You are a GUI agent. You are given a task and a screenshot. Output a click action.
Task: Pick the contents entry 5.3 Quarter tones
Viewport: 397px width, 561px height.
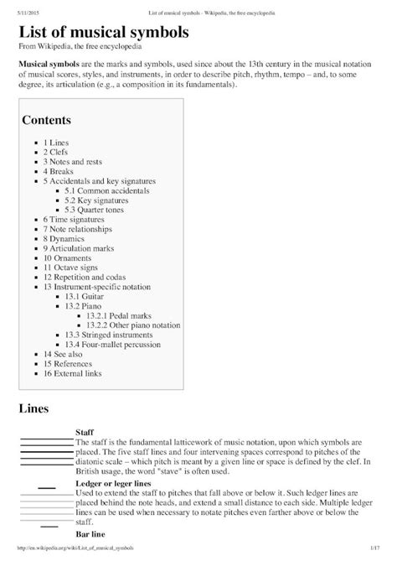[101, 211]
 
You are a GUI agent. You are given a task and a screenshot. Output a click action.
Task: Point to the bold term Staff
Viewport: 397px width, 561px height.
[85, 433]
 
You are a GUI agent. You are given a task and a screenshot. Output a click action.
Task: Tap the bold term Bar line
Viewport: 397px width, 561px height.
[90, 533]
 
